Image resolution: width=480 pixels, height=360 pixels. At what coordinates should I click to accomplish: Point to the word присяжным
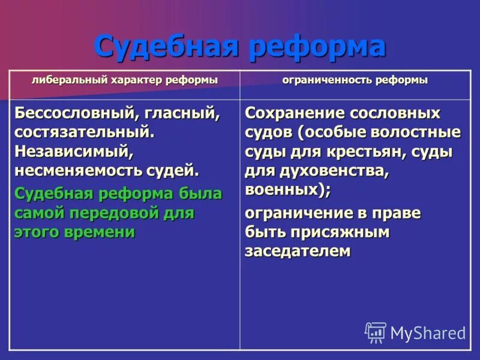[x=340, y=232]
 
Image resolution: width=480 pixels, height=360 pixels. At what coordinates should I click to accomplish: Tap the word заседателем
[x=297, y=251]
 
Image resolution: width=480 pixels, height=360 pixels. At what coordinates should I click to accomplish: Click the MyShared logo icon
[x=376, y=332]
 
